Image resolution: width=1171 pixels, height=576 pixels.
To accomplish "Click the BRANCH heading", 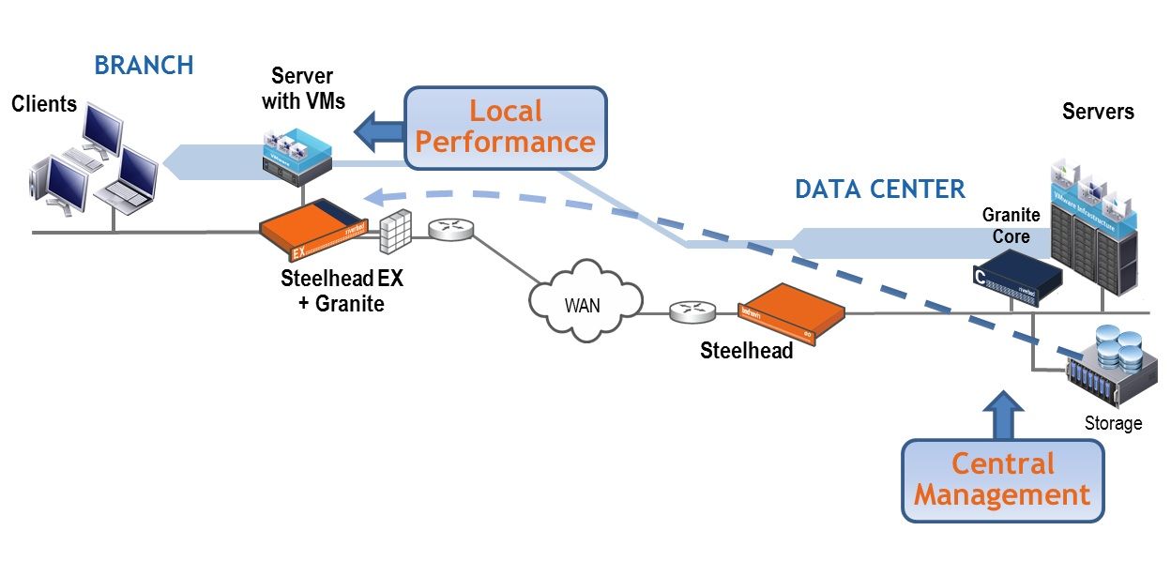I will (x=144, y=66).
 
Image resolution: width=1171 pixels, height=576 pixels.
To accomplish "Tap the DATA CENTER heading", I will (x=879, y=189).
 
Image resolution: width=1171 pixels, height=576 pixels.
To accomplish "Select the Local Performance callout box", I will (x=506, y=128).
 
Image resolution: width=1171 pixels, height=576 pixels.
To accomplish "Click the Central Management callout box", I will (x=1002, y=479).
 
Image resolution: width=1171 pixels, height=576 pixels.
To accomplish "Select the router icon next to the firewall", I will (x=450, y=230).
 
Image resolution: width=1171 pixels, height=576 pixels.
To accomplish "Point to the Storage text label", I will (x=1113, y=423).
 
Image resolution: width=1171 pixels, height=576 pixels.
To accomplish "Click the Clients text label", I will (x=44, y=104).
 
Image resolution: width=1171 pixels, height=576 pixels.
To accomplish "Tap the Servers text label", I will (x=1098, y=113).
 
